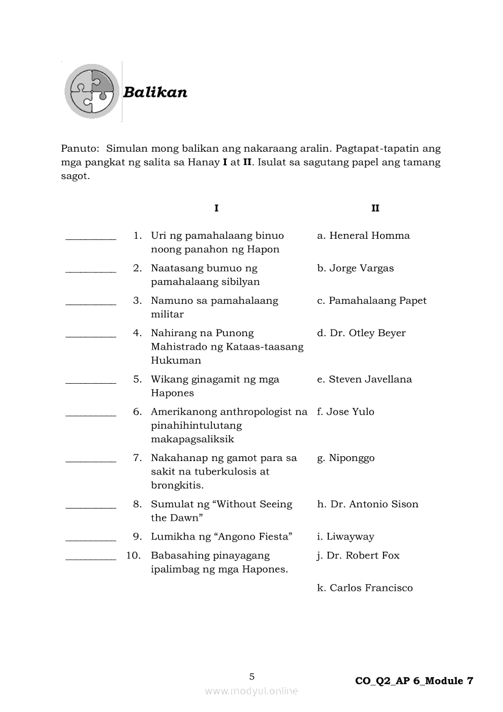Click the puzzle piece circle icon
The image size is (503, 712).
pos(92,91)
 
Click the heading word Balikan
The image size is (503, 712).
pos(155,93)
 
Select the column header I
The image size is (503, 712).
pos(216,208)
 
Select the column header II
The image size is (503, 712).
pos(375,208)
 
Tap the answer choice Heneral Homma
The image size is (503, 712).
pos(364,236)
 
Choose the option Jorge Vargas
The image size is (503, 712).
pos(356,268)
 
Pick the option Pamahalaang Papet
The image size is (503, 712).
pos(371,300)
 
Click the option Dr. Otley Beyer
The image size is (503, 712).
pos(361,333)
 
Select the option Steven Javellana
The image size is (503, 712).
pos(364,379)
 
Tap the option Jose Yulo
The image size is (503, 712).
pos(345,412)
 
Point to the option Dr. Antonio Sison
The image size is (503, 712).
pos(368,504)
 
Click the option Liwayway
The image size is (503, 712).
pos(345,537)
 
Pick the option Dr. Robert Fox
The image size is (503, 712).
pos(358,555)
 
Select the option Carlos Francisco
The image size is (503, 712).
pos(365,588)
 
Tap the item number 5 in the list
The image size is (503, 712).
pos(138,379)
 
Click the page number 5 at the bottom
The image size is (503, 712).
pos(252,676)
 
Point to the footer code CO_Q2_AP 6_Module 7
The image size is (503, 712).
pos(414,681)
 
